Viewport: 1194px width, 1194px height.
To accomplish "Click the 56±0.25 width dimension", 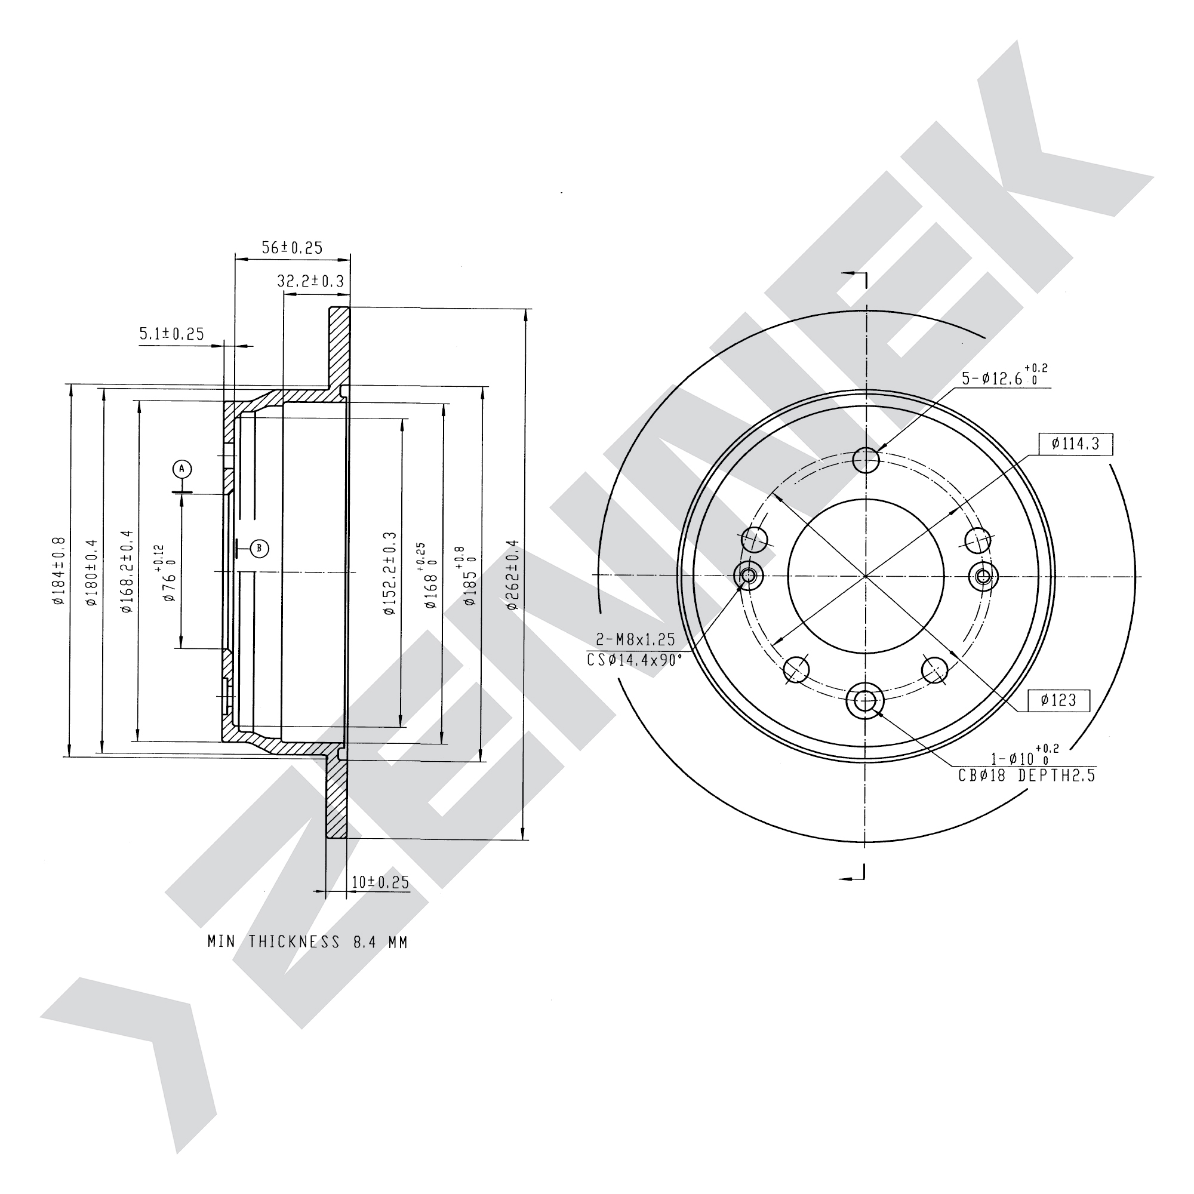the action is coord(292,248).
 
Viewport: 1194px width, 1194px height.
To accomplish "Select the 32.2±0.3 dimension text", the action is coord(310,281).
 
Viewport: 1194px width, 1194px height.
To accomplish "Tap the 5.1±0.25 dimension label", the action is coord(171,334).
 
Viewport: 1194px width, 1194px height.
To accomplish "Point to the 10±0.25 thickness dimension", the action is coord(380,882).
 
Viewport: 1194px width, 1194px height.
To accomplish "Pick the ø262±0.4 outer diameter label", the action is coord(512,576).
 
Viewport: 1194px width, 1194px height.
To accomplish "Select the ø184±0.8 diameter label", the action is coord(59,570).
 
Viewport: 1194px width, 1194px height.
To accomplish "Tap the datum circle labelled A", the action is coord(181,469).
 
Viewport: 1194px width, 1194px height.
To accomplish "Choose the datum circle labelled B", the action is coord(260,547).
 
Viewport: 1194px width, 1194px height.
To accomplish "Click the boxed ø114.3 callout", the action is coord(1075,444).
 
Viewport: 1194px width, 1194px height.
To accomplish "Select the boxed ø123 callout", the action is coord(1058,700).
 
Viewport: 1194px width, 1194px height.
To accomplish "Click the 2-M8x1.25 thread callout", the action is coord(636,639).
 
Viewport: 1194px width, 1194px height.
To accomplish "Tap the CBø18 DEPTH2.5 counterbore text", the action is coord(1026,776).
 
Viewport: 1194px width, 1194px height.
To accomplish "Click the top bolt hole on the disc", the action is coord(866,460).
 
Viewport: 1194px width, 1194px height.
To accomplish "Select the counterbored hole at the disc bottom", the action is coord(865,701).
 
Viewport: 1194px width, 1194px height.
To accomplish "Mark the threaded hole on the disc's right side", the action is coord(983,577).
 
